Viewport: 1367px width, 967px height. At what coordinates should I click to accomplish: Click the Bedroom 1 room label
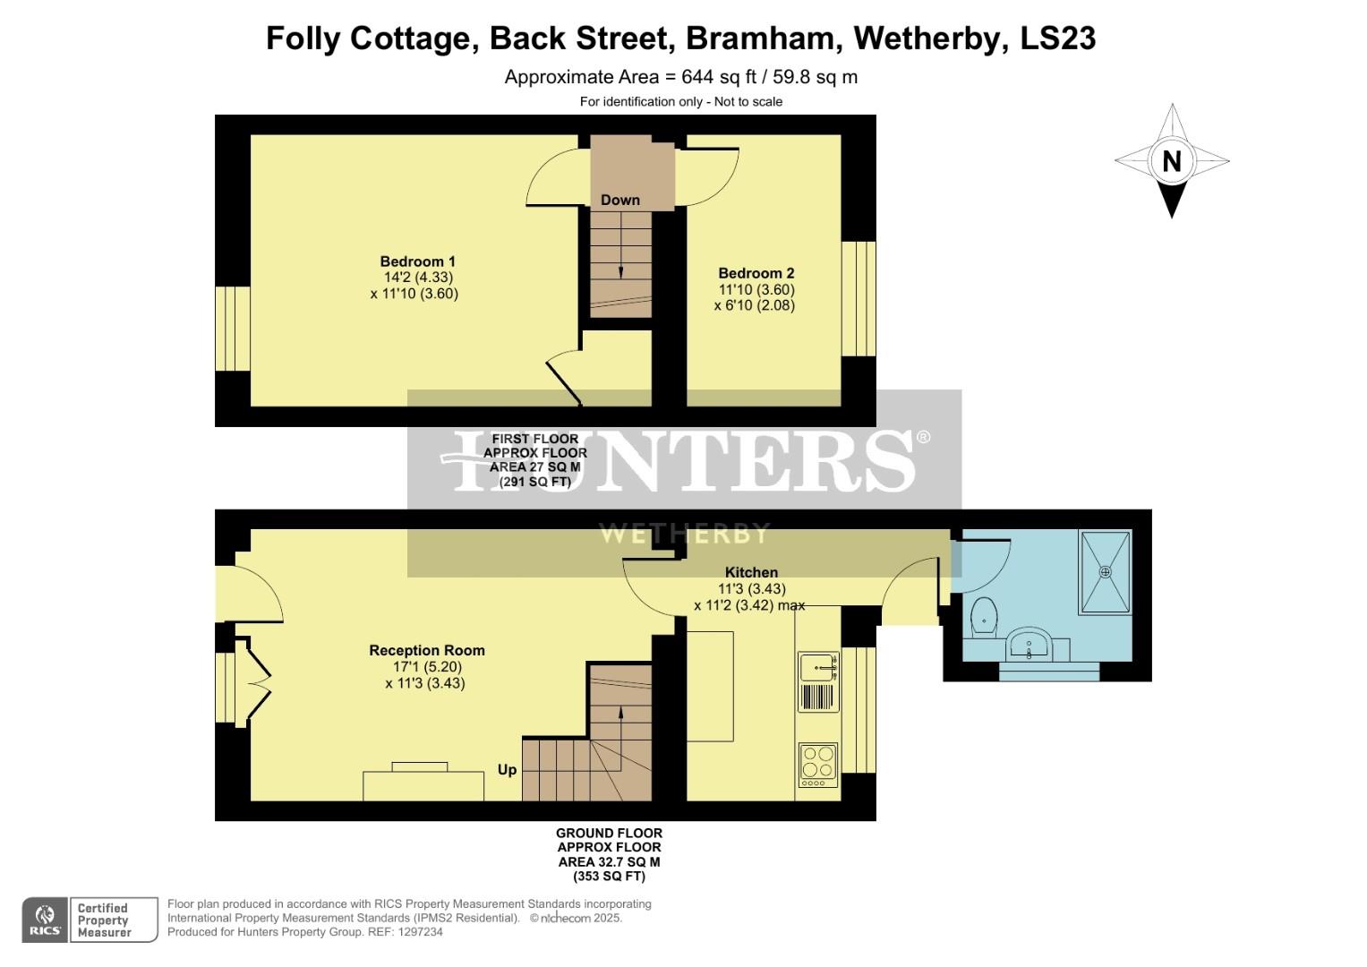click(x=418, y=261)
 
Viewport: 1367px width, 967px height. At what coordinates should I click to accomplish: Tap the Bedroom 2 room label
click(x=756, y=273)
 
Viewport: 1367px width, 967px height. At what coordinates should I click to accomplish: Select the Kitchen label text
click(x=751, y=572)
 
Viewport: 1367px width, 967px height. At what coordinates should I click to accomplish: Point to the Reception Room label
click(x=427, y=650)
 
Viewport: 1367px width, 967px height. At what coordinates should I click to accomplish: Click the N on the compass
click(x=1171, y=161)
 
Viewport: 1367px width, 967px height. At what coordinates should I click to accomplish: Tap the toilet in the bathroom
click(x=984, y=616)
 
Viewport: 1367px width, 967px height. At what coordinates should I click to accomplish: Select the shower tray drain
click(x=1106, y=570)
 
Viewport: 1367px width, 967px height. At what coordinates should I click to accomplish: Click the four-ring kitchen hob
click(x=817, y=763)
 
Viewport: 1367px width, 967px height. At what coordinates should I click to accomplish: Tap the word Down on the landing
click(x=620, y=200)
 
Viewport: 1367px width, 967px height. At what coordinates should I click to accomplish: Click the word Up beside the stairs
click(x=507, y=770)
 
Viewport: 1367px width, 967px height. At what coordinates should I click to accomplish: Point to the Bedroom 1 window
click(x=232, y=329)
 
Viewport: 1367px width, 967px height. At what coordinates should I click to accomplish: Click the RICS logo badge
click(x=44, y=920)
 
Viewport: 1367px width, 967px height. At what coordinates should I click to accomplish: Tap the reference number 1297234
click(x=417, y=932)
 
